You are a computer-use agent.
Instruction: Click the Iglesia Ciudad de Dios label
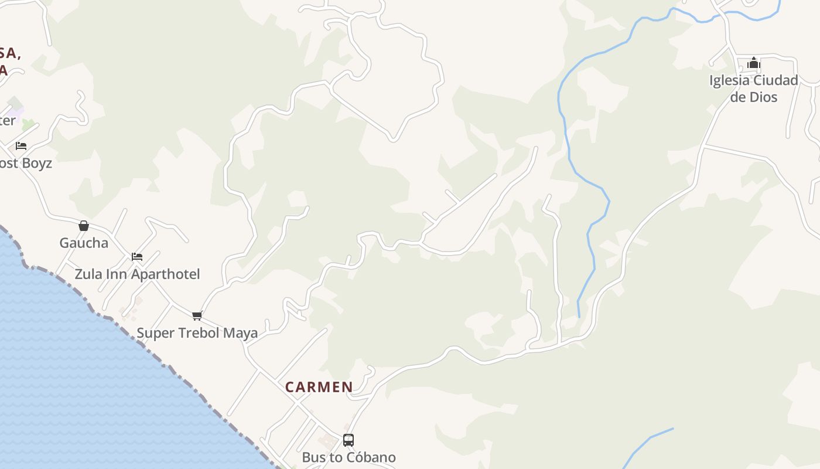[x=754, y=89]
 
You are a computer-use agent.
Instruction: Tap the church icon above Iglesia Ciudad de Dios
[x=754, y=63]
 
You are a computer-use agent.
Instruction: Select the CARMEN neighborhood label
[x=319, y=387]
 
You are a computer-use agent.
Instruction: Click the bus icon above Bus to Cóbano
[x=348, y=440]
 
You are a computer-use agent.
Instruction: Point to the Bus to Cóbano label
[x=348, y=457]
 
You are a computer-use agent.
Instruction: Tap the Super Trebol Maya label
[x=197, y=333]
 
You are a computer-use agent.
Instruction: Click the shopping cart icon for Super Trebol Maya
[x=197, y=315]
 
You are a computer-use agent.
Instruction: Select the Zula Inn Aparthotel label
[x=137, y=274]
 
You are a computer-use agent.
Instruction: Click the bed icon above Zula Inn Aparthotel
[x=137, y=256]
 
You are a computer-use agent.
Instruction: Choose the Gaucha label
[x=84, y=243]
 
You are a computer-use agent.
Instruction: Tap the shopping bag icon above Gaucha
[x=84, y=226]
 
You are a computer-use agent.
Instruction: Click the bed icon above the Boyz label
[x=21, y=145]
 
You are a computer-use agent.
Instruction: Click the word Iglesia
[x=729, y=80]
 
